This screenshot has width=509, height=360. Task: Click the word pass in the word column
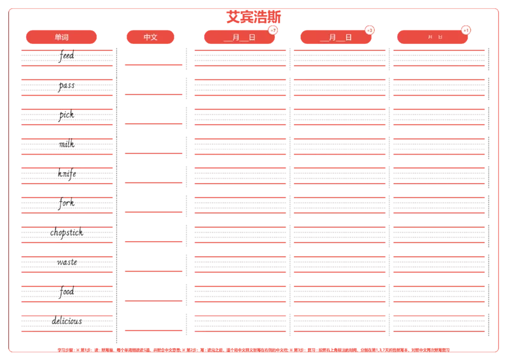point(66,86)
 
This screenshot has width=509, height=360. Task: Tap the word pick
point(66,116)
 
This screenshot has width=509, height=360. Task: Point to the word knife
point(66,173)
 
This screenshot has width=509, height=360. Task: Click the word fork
point(66,203)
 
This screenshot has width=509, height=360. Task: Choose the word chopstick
point(67,233)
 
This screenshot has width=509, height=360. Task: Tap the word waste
point(66,262)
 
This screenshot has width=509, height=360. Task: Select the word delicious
point(66,321)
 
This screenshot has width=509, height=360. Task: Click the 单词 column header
point(61,38)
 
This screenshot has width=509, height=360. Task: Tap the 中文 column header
point(150,38)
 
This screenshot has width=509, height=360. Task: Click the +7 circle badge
point(273,31)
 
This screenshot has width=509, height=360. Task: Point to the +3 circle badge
point(370,31)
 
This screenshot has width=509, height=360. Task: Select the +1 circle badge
point(466,31)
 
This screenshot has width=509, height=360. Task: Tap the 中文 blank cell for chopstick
point(153,228)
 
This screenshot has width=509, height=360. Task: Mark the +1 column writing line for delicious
point(438,322)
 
